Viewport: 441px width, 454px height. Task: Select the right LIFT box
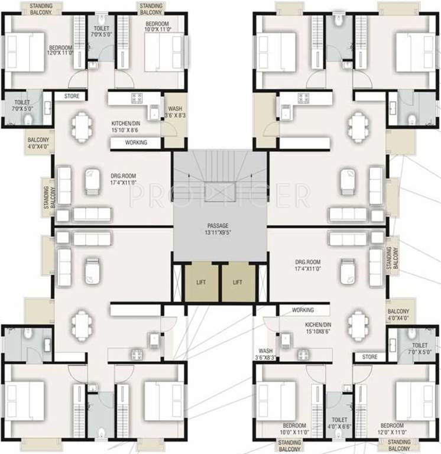click(237, 283)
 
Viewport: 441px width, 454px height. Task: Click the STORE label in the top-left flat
click(72, 96)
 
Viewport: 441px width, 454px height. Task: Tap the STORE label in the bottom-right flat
click(369, 357)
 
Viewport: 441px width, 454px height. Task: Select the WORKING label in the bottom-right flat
click(303, 310)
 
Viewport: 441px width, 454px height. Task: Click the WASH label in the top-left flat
click(175, 112)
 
